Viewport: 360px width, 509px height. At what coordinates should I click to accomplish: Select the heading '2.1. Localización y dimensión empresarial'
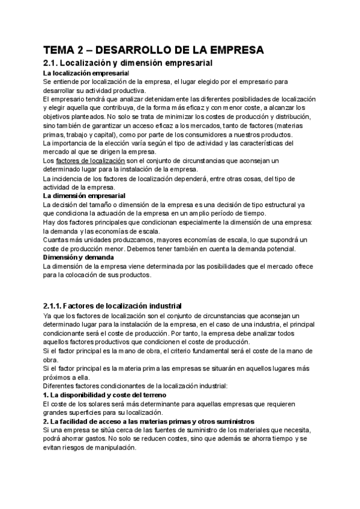pyautogui.click(x=129, y=62)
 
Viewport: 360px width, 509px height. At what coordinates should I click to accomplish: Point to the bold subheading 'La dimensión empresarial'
pyautogui.click(x=85, y=196)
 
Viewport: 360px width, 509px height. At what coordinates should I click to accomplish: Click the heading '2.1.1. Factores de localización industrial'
pyautogui.click(x=112, y=306)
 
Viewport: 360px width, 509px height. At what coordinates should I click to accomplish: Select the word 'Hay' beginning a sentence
pyautogui.click(x=50, y=222)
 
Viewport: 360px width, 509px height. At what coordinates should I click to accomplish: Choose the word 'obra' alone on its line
pyautogui.click(x=50, y=360)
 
